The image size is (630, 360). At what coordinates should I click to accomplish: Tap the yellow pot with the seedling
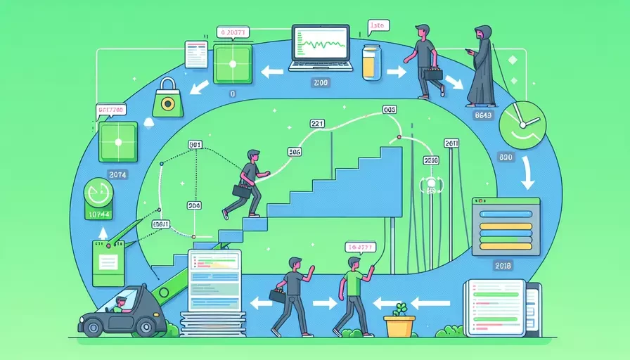click(x=399, y=326)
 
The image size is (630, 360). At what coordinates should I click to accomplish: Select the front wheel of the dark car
click(x=146, y=326)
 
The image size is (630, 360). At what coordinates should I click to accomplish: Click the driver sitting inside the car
click(x=120, y=304)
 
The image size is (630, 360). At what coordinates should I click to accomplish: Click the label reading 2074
click(x=117, y=174)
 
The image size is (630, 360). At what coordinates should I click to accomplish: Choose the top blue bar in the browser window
click(x=504, y=214)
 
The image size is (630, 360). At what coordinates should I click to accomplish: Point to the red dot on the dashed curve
click(x=399, y=137)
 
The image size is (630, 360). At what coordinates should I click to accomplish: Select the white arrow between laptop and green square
click(x=269, y=70)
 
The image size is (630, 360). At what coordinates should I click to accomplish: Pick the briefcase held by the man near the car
click(x=277, y=296)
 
